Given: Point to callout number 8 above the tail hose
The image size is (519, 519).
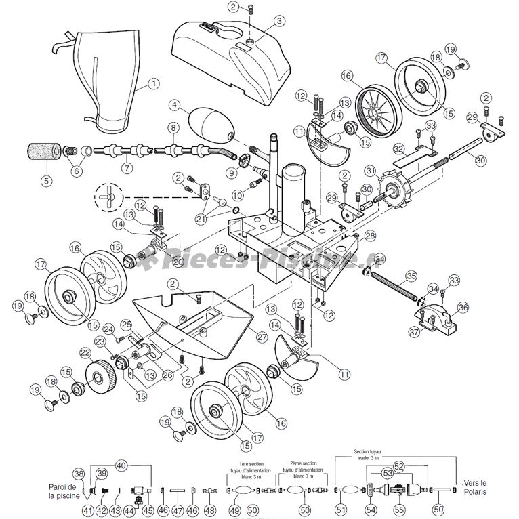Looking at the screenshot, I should [173, 127].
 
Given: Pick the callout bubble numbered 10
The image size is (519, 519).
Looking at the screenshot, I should [237, 195].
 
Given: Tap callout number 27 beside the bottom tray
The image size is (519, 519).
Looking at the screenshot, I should [262, 336].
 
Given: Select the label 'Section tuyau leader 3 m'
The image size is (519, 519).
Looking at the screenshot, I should [369, 454].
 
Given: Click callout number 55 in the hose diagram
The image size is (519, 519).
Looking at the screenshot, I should [398, 509].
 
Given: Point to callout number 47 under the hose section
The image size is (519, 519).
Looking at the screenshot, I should [177, 509].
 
